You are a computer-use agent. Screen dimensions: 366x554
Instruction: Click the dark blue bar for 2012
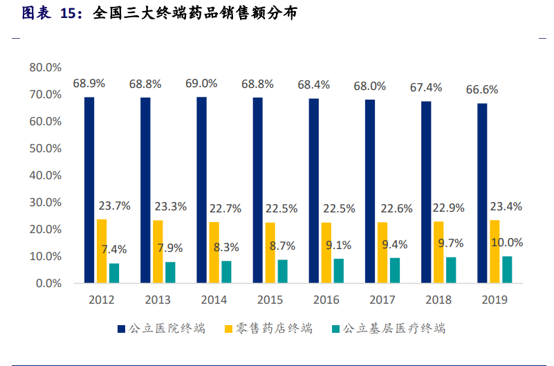tap(89, 190)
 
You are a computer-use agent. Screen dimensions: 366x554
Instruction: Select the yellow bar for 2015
tap(270, 253)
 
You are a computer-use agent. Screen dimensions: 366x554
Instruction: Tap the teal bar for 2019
tap(507, 270)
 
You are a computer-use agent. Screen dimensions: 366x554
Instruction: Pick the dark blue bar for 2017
tap(370, 192)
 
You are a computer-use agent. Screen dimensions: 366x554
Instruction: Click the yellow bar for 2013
tap(158, 252)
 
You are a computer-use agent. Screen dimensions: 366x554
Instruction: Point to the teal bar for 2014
tap(226, 272)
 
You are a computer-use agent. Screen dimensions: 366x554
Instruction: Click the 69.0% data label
tap(201, 84)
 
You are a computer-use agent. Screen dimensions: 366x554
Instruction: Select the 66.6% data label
tap(482, 90)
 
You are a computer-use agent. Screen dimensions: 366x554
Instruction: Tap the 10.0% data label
tap(507, 243)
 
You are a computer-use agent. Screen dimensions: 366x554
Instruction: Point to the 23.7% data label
tap(114, 205)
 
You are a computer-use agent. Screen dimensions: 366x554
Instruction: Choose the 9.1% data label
tap(338, 245)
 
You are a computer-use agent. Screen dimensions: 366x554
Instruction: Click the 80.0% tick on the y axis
tap(46, 67)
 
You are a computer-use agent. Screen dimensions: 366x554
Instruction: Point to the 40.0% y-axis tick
tap(46, 175)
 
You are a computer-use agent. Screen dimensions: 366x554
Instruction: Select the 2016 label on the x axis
tap(326, 300)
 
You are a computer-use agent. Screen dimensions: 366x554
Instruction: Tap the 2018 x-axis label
tap(438, 300)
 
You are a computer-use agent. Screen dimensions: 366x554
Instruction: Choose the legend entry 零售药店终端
tap(269, 329)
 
